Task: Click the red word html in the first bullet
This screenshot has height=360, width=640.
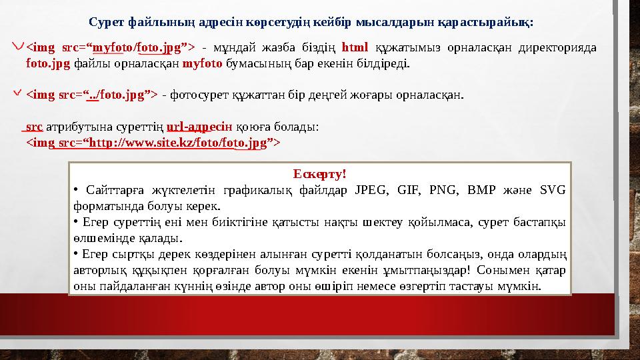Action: coord(355,47)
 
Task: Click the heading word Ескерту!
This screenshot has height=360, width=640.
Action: coord(320,175)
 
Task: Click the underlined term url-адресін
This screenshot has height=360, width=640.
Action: coord(199,126)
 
